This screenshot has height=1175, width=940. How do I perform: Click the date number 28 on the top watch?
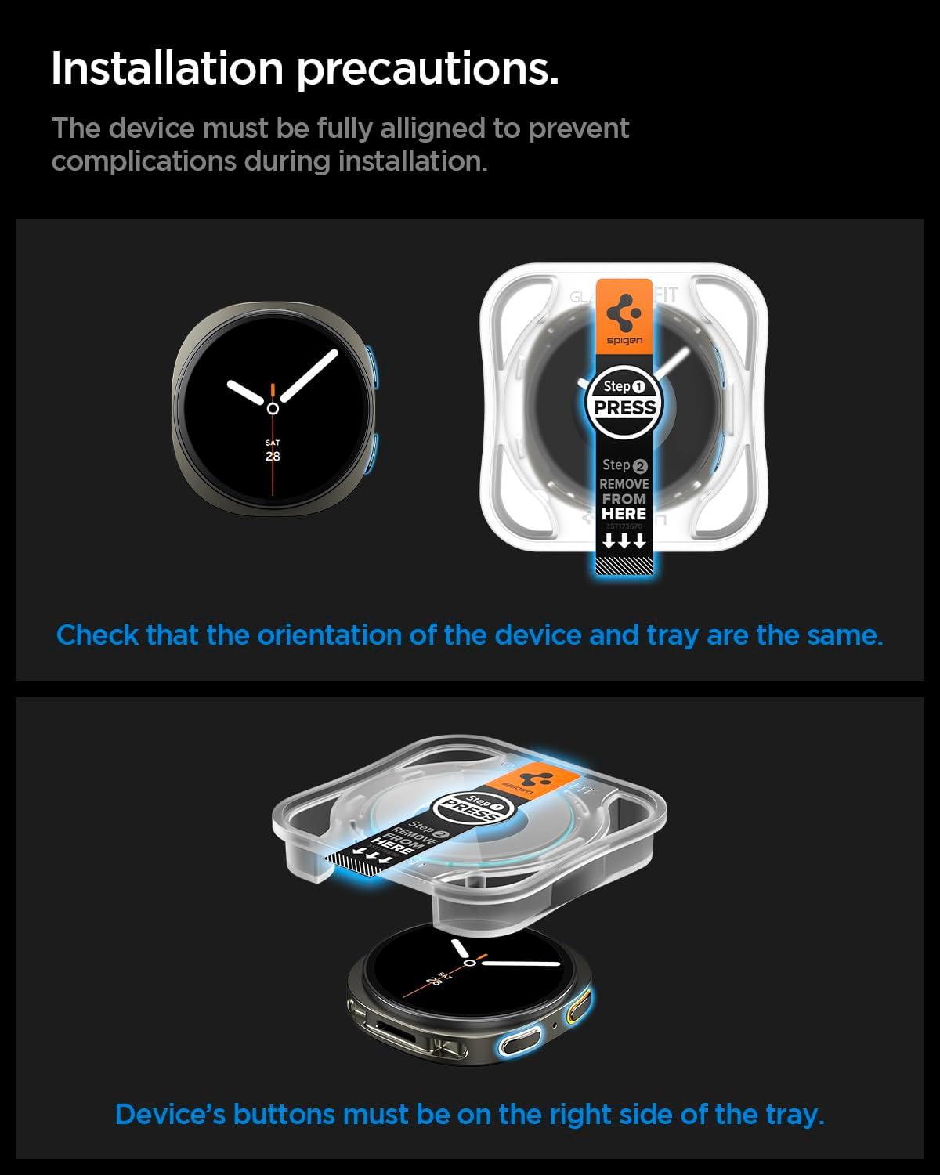tap(273, 456)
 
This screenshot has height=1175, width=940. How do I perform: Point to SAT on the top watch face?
tap(273, 443)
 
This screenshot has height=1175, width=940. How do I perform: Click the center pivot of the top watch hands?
tap(273, 408)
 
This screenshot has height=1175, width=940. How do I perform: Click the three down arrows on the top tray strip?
tap(624, 540)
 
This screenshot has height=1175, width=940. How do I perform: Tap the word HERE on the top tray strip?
tap(624, 514)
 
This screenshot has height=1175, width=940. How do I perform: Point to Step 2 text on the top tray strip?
tap(624, 465)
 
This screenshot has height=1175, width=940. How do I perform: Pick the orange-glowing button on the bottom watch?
tap(580, 1006)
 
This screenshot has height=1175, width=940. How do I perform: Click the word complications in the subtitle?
tap(143, 161)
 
